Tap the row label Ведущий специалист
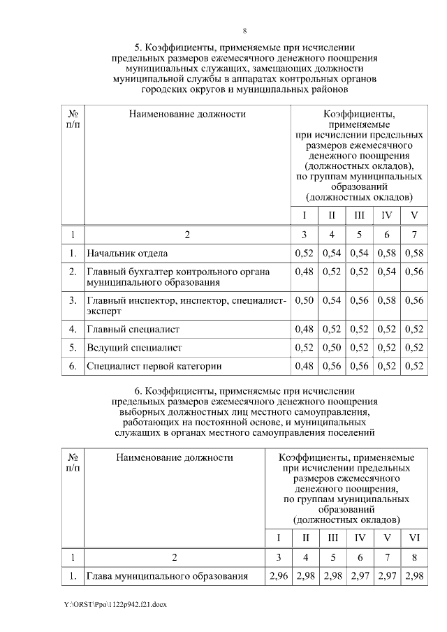[x=133, y=347]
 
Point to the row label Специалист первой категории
[x=154, y=365]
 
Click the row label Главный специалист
[x=133, y=329]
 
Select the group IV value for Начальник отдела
[x=386, y=252]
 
